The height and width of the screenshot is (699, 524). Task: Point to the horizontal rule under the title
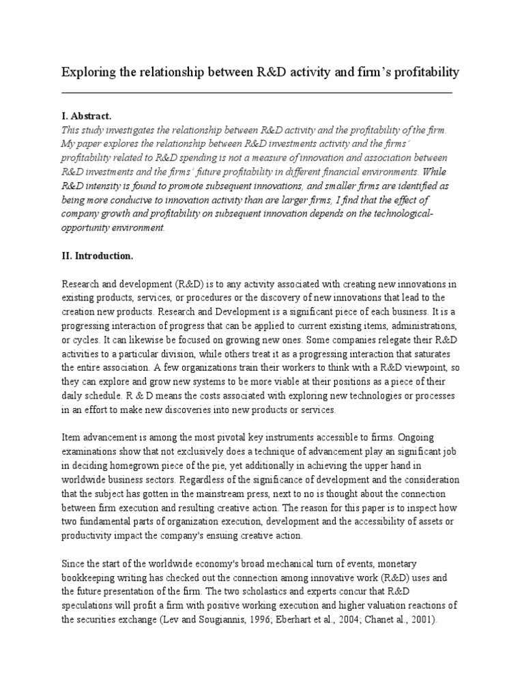pyautogui.click(x=257, y=92)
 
